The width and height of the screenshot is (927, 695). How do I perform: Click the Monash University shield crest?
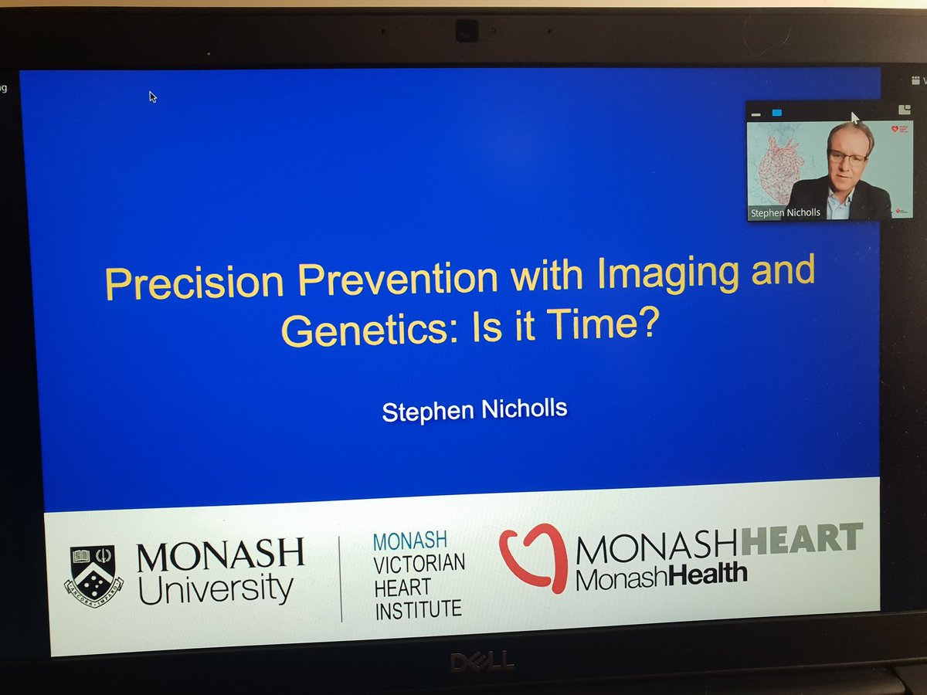[93, 575]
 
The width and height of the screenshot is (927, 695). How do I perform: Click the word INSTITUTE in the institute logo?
[418, 610]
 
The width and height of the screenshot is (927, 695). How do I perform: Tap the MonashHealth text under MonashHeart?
[661, 575]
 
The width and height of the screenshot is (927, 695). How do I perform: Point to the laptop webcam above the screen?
[466, 32]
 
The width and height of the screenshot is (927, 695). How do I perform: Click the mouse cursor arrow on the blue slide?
[153, 97]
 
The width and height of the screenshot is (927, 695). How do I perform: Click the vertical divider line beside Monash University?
[341, 579]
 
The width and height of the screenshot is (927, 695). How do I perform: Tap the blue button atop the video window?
[776, 113]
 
